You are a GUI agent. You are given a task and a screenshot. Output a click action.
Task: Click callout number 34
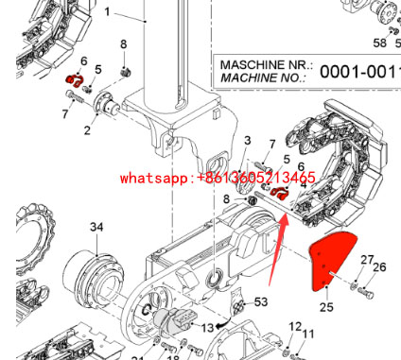coord(97,227)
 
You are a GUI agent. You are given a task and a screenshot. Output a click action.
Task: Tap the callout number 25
coord(327,306)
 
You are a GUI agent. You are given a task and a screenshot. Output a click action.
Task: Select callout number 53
coord(261,301)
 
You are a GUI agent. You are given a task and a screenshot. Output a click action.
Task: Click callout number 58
coord(380,43)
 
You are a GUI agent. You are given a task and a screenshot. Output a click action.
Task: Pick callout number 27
coord(368,258)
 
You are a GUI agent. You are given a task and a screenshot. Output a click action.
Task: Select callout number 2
coord(88,130)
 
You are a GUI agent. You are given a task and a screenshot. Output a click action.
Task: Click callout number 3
coord(247,141)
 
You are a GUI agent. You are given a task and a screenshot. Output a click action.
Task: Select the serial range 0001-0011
coord(358,71)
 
